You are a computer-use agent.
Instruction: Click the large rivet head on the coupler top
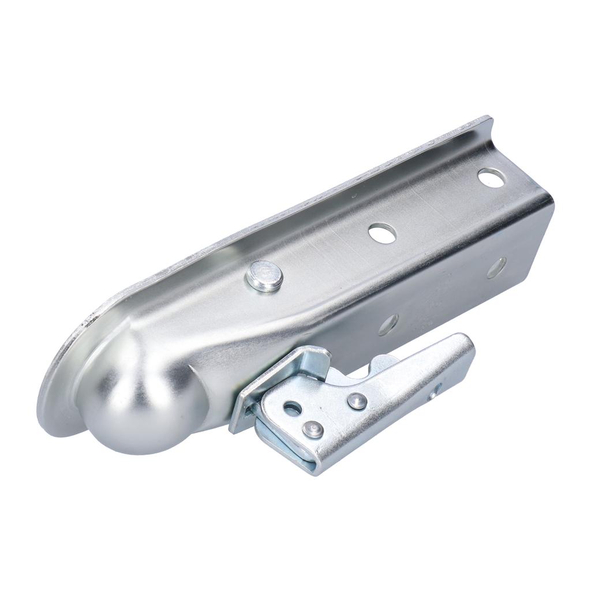pos(264,275)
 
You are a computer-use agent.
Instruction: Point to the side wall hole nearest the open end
pos(496,267)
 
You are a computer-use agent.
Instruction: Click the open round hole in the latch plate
pos(293,409)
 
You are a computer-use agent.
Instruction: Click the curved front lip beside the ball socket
pos(55,392)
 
